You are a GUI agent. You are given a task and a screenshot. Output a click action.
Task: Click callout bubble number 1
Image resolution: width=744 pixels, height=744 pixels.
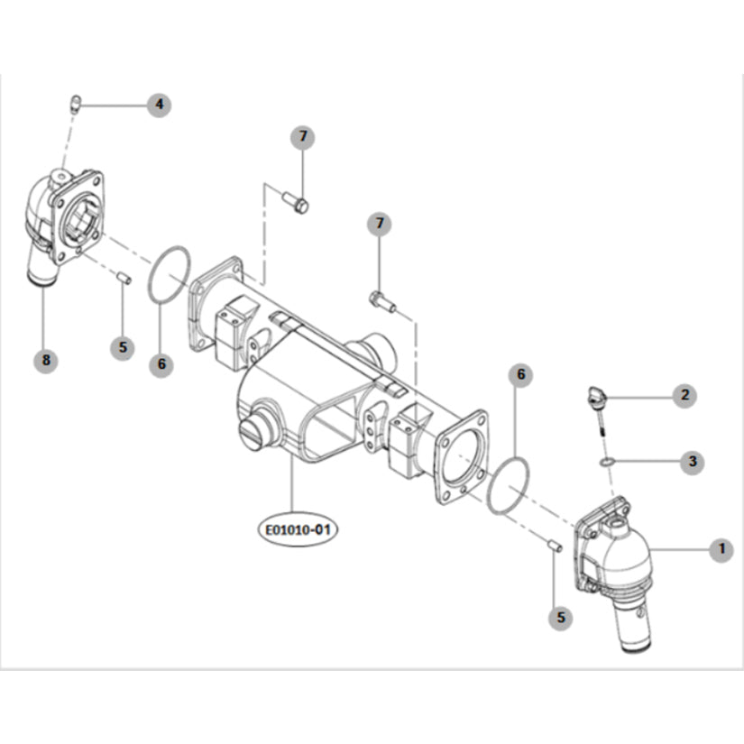pos(721,549)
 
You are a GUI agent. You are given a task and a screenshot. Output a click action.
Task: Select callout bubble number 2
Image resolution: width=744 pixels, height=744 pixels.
pos(684,395)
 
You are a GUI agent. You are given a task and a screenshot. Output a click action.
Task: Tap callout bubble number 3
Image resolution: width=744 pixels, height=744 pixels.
pos(692,461)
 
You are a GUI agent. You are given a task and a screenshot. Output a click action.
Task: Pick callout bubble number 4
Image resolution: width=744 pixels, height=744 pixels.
pos(159,105)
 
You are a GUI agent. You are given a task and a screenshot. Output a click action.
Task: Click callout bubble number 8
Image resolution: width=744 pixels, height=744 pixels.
pos(46,360)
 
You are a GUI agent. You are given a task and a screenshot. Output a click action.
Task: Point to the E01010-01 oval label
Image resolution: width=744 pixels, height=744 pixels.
pos(298,529)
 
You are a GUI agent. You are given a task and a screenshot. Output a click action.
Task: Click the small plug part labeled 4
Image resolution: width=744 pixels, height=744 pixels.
pos(76,104)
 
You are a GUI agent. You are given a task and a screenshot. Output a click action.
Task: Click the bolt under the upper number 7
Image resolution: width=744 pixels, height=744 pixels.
pos(295,201)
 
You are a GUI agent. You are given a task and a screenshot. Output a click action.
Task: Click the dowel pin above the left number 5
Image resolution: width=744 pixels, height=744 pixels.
pos(124,278)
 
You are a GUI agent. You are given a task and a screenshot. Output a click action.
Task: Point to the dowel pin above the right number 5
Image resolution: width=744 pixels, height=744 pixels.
pos(556,547)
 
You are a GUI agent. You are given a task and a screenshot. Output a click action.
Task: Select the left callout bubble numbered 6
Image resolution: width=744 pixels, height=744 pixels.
pos(161,364)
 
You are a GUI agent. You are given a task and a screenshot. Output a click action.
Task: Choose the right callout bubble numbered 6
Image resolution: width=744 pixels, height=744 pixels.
pos(520,375)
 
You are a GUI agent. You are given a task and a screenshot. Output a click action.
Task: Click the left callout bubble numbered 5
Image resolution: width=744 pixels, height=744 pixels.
pos(123,347)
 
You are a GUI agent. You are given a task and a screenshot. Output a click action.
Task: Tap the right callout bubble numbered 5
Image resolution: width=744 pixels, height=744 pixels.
pos(561,618)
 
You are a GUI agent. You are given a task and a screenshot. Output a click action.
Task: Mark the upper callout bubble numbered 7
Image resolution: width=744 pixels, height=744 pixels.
pos(303,137)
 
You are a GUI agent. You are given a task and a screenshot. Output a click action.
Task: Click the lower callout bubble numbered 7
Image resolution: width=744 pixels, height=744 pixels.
pos(379,224)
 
